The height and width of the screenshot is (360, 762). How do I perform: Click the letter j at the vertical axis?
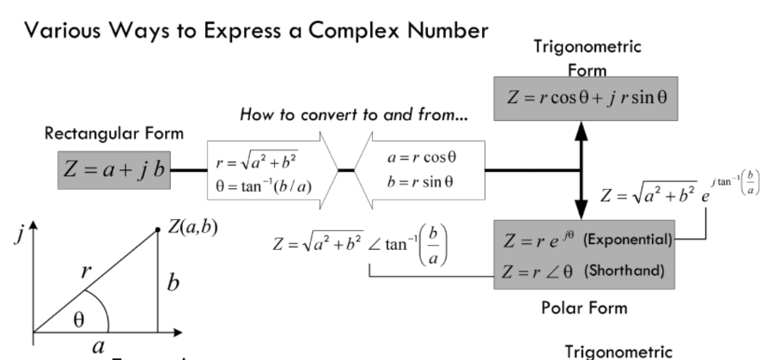coord(18,237)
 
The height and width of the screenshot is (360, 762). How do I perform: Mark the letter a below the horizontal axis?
coord(98,347)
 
